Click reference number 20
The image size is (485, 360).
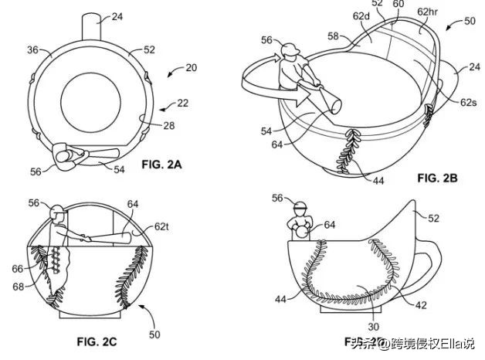point(191,68)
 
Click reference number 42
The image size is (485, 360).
point(422,305)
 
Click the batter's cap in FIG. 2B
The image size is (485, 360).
point(289,51)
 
